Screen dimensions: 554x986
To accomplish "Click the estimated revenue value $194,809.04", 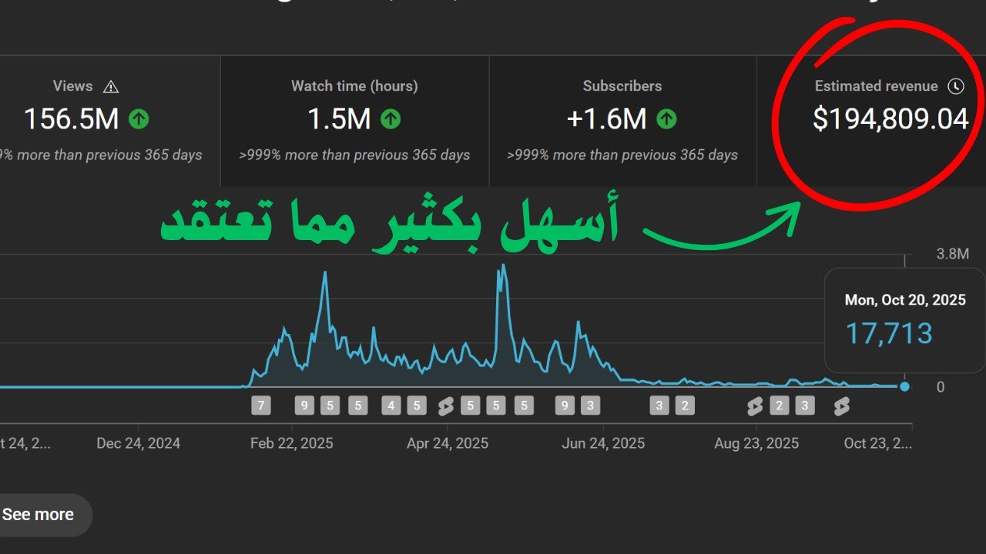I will click(x=890, y=119).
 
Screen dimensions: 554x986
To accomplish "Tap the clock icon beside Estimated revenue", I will click(x=955, y=86).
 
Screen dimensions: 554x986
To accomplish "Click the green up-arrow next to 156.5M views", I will click(x=139, y=118).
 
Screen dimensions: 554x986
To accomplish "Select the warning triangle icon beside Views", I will click(x=111, y=86).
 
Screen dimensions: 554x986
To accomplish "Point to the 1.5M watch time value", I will click(x=339, y=118).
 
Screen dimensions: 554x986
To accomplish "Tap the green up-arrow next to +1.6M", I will click(x=666, y=118).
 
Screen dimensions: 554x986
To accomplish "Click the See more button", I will click(x=39, y=515).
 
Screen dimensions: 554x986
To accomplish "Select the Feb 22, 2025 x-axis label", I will click(x=292, y=443).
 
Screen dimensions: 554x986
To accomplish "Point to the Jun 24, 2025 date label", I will click(x=603, y=443).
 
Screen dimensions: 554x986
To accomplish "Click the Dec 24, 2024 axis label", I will click(x=139, y=443).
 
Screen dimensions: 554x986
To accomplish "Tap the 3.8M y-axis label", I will click(x=952, y=254).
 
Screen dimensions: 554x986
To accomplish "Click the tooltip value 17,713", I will click(x=889, y=334).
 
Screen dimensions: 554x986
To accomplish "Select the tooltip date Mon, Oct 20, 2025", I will click(x=905, y=300).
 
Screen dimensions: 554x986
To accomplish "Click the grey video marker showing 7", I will click(x=261, y=405).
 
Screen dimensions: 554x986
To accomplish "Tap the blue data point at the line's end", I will click(x=904, y=386).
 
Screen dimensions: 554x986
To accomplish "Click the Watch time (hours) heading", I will click(x=354, y=86).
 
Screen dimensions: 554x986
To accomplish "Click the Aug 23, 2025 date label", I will click(x=756, y=443).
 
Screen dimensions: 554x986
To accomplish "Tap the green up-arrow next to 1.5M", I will click(x=391, y=118).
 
